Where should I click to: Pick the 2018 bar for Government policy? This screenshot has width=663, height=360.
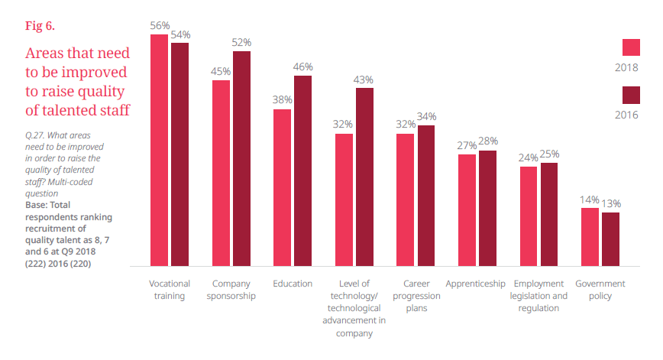(x=590, y=236)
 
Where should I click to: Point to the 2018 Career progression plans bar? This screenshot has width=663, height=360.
(x=406, y=199)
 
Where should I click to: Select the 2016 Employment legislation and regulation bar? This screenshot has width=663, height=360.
(x=549, y=214)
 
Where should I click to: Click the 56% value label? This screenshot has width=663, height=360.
(x=160, y=25)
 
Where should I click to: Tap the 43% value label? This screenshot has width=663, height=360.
(x=364, y=79)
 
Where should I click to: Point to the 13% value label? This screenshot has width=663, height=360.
(x=610, y=203)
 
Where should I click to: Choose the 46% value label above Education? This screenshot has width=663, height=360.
(x=303, y=67)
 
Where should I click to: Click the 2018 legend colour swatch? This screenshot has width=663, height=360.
(x=630, y=47)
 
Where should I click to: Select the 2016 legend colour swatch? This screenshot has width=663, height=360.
(x=630, y=95)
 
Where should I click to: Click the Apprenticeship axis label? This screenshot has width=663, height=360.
(x=475, y=284)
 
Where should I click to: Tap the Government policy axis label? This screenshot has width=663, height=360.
(x=600, y=290)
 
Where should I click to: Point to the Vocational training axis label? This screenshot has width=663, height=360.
(x=170, y=290)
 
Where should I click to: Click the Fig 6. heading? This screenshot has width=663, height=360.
(x=40, y=25)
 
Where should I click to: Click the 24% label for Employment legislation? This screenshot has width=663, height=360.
(x=529, y=157)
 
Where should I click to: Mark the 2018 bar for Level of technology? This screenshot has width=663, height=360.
(x=344, y=199)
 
